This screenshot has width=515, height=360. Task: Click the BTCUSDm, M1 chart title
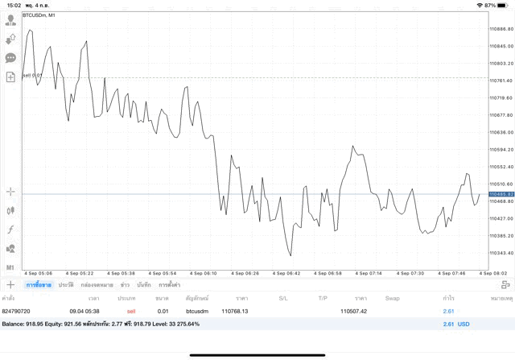click(39, 15)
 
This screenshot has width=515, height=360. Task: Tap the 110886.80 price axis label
click(501, 30)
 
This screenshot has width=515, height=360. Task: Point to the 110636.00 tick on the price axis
click(501, 132)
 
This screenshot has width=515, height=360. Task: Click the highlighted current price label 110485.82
click(501, 194)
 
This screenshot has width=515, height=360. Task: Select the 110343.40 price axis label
click(501, 253)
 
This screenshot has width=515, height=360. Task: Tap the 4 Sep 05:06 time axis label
click(37, 273)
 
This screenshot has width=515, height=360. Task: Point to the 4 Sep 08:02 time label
click(492, 273)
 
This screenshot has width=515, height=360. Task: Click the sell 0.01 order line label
click(32, 76)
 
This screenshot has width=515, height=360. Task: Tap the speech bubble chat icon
click(10, 58)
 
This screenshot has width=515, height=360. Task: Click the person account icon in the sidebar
click(10, 19)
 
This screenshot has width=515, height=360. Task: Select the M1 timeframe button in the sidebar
click(10, 267)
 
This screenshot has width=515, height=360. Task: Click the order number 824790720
click(16, 311)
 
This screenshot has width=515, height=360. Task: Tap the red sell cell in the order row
click(131, 311)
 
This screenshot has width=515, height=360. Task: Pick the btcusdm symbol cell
click(196, 311)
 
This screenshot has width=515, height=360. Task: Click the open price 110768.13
click(235, 311)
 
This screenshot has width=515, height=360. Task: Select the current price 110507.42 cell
click(353, 311)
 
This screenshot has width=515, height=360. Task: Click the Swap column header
click(392, 298)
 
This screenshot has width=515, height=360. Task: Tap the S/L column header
click(283, 298)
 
